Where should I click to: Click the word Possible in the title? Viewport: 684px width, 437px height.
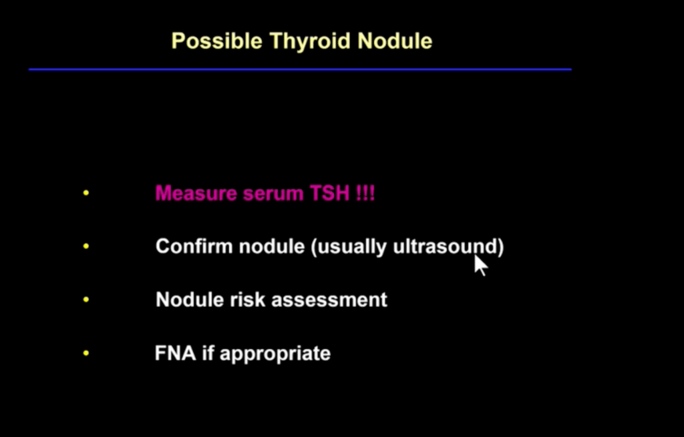pyautogui.click(x=217, y=41)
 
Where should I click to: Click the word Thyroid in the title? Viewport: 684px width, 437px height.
pyautogui.click(x=310, y=41)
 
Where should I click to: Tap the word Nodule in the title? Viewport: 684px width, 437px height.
pyautogui.click(x=395, y=41)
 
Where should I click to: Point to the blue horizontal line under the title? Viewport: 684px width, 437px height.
pyautogui.click(x=300, y=69)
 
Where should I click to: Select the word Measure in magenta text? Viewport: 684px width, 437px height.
pyautogui.click(x=196, y=193)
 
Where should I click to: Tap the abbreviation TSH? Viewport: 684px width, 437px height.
pyautogui.click(x=329, y=193)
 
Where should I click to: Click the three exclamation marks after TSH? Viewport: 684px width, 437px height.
pyautogui.click(x=365, y=193)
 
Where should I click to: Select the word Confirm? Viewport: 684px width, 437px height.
pyautogui.click(x=194, y=246)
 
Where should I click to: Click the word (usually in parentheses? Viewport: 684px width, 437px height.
pyautogui.click(x=349, y=248)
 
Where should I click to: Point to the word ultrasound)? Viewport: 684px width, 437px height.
pyautogui.click(x=448, y=247)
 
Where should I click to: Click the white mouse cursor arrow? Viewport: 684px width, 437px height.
pyautogui.click(x=480, y=266)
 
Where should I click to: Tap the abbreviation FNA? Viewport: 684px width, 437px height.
pyautogui.click(x=176, y=353)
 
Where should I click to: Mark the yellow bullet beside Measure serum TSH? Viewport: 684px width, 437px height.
pyautogui.click(x=86, y=193)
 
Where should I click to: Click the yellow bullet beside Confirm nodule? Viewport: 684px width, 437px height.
pyautogui.click(x=86, y=246)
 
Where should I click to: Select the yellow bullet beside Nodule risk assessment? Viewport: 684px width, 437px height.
pyautogui.click(x=86, y=300)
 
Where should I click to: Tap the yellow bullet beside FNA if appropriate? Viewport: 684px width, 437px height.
pyautogui.click(x=86, y=353)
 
